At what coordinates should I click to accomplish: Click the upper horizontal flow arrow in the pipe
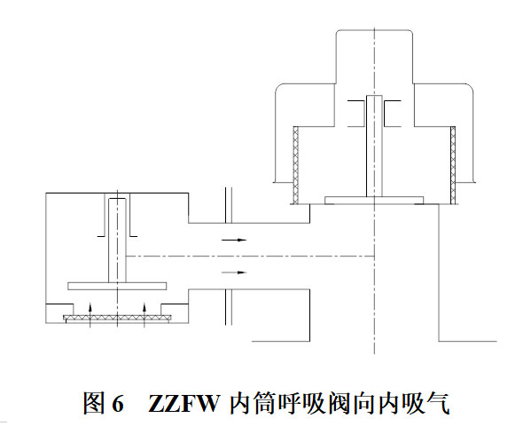coord(234,240)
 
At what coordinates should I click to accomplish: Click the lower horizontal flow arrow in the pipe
coord(234,272)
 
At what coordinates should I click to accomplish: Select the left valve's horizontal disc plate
coord(117,286)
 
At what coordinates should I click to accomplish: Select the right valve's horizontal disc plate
coord(374,201)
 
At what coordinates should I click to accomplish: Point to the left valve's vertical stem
coord(117,241)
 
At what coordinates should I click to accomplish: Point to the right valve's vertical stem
coord(374,146)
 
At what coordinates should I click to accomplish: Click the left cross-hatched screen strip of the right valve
coord(296,165)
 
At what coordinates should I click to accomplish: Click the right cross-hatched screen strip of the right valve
coord(453,165)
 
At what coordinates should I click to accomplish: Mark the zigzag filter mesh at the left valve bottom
coord(117,318)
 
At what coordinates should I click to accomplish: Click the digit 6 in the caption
coord(118,404)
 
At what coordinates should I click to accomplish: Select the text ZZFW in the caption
coord(184,404)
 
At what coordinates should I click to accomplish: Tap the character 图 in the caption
coord(94,403)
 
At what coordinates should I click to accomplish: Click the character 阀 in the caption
coord(340,403)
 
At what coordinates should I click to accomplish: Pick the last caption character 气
coord(438,403)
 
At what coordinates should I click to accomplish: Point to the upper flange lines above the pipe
coord(229,205)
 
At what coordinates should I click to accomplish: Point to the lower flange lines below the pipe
coord(229,307)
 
